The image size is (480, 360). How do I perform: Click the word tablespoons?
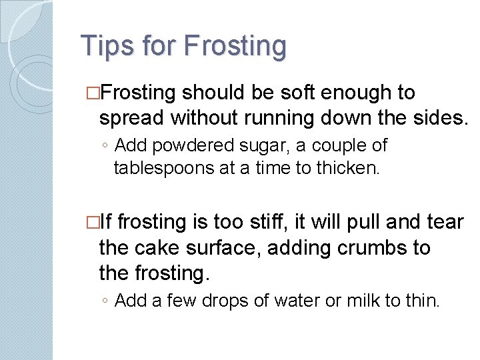[x=163, y=169]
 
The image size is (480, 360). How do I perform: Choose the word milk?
[x=364, y=301]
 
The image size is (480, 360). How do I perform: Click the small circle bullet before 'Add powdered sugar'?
[x=105, y=146]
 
